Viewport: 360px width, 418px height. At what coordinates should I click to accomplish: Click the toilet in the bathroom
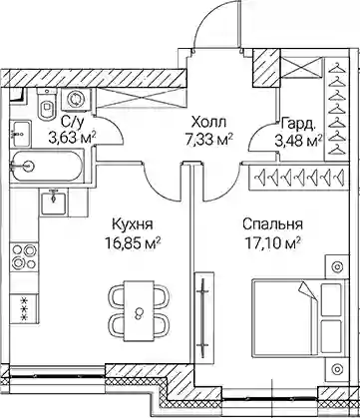tap(47, 104)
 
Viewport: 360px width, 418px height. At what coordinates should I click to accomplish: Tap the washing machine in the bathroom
tap(75, 99)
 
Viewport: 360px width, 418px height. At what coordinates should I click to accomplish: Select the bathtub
tap(46, 166)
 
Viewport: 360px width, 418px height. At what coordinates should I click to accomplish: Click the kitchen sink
tap(54, 201)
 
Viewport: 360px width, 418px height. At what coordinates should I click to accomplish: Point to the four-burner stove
tap(24, 256)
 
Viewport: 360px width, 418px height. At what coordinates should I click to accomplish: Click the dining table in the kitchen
tap(140, 311)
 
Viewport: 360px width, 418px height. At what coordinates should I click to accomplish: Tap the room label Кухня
tap(133, 224)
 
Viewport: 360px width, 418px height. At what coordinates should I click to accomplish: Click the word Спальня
tap(272, 224)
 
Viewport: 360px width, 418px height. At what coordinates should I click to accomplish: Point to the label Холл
tap(209, 123)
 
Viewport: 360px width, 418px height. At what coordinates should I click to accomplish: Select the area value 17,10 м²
tap(272, 244)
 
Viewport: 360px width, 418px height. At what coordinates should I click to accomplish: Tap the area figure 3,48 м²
tap(298, 140)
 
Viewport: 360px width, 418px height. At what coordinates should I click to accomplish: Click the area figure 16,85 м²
tap(133, 244)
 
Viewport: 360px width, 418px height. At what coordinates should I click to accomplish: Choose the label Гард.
tap(297, 124)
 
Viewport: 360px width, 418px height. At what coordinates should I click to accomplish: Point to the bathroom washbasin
tap(21, 134)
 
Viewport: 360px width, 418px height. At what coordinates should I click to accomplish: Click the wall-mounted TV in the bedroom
tap(202, 313)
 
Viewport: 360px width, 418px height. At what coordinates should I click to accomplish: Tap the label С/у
tap(72, 123)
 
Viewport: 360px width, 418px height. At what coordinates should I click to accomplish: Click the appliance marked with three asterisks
tap(24, 308)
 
